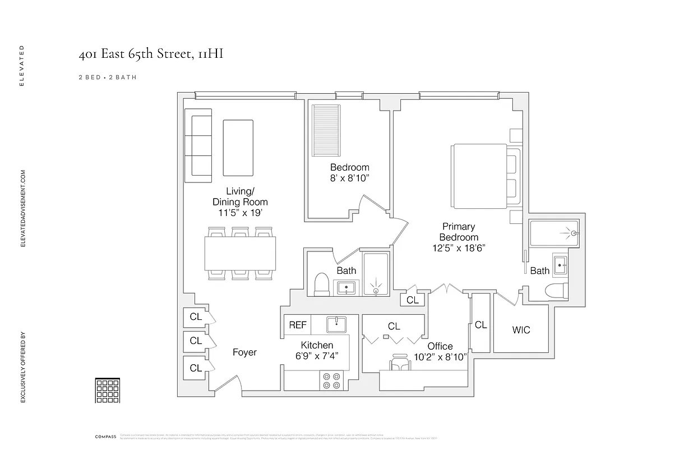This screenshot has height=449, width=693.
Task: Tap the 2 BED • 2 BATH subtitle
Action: click(107, 77)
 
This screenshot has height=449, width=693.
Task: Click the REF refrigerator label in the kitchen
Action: click(298, 325)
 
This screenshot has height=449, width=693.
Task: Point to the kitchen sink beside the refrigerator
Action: click(336, 324)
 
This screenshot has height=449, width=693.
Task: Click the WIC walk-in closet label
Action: click(521, 329)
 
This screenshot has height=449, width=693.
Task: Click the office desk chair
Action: click(399, 362)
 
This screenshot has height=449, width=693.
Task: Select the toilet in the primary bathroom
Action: click(557, 291)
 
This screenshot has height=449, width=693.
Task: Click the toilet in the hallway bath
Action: click(321, 285)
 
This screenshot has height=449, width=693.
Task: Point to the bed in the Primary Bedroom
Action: click(486, 177)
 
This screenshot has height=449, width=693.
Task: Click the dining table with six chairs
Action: click(241, 253)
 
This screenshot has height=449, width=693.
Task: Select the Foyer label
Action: click(244, 352)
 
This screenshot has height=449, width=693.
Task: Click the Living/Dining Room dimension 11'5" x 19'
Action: click(240, 213)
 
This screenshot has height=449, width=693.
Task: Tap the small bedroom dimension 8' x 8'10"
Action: click(349, 178)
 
